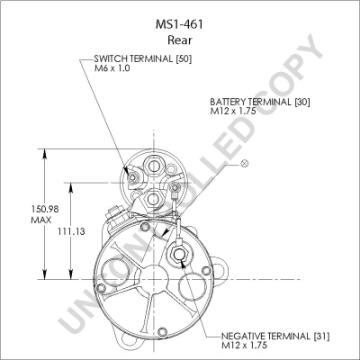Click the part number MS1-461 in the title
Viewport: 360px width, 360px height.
coord(179,24)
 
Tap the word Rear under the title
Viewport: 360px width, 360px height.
coord(180,40)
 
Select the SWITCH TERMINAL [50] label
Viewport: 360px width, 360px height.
coord(143,58)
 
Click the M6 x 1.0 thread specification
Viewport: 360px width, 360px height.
coord(112,68)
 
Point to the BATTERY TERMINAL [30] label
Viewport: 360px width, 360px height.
coord(260,102)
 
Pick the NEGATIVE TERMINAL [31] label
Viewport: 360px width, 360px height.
coord(275,337)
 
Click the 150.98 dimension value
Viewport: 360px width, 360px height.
coord(45,209)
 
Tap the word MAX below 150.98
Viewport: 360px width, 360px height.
coord(41,220)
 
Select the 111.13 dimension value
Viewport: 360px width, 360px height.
coord(71,231)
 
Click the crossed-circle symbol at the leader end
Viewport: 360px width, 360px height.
coord(245,164)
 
